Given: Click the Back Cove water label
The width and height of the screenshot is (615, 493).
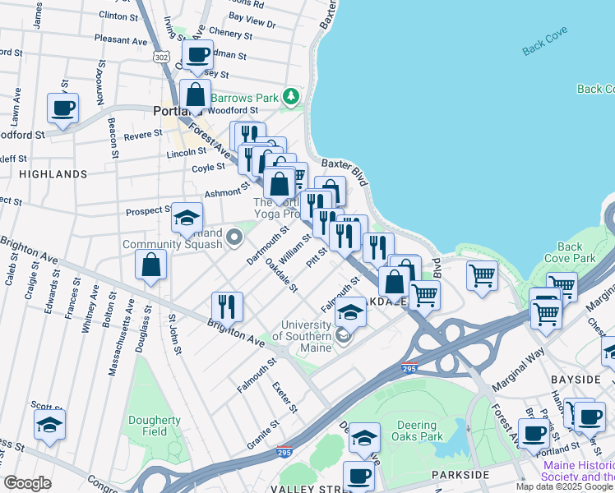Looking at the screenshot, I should point(545,47).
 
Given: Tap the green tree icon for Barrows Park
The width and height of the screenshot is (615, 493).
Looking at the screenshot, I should point(289,97).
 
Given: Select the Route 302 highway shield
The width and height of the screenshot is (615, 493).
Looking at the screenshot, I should point(160,56).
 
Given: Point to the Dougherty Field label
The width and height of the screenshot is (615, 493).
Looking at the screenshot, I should point(154,426).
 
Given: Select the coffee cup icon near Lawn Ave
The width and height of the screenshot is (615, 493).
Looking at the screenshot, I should point(62,107).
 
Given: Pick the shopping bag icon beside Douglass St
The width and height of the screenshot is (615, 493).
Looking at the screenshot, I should point(151,265).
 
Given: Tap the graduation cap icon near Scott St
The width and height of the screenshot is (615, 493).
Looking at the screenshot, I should point(49,425).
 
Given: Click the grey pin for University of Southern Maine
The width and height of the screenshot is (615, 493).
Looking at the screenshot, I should point(343,335).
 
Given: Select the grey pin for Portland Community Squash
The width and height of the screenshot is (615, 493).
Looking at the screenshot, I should point(234,237).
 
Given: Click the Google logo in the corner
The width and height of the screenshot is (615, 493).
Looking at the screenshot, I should point(28,483).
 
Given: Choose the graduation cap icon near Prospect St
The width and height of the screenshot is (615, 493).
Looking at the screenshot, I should point(187,218).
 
